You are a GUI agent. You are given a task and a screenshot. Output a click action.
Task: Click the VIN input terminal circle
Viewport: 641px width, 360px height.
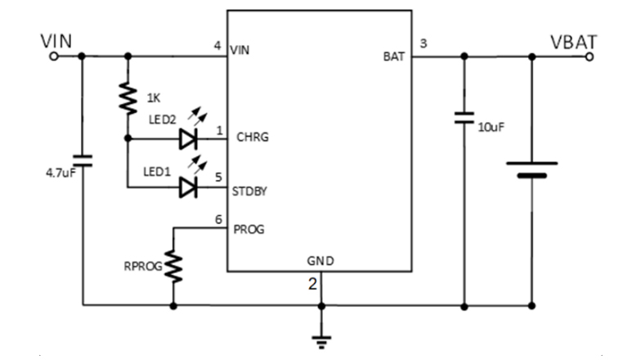[54, 56]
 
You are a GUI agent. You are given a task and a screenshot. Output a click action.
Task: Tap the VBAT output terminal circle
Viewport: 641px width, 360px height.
[590, 56]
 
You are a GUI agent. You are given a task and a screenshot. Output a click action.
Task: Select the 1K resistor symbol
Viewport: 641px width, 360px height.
[128, 97]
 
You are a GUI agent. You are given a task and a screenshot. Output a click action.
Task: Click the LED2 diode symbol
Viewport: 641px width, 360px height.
[189, 139]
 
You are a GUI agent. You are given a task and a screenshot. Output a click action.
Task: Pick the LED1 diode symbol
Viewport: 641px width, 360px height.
[189, 188]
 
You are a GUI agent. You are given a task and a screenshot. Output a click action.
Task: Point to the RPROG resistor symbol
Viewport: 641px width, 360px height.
[173, 266]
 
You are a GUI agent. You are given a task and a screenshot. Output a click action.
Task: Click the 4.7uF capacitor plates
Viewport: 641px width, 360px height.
[83, 160]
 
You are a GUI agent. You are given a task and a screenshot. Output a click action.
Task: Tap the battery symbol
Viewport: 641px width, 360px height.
[531, 169]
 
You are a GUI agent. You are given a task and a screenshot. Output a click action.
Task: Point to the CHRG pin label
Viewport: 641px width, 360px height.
[252, 137]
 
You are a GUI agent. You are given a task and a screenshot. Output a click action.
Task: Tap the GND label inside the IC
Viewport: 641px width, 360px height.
[320, 262]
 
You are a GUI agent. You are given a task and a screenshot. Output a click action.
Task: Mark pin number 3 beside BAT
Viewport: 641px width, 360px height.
[423, 43]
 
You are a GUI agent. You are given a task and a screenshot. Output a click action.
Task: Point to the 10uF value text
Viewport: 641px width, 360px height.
[491, 128]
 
